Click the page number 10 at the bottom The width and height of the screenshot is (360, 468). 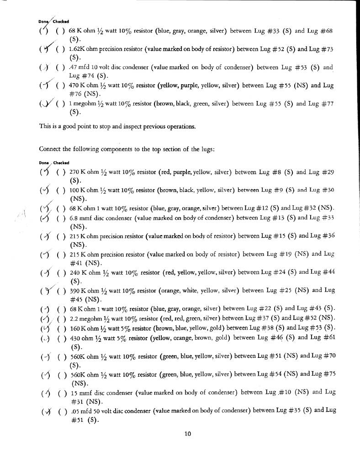[187, 434]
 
